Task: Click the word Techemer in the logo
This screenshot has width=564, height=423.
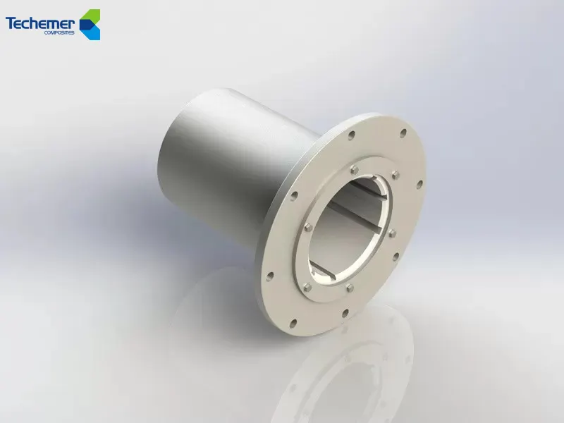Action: pos(39,23)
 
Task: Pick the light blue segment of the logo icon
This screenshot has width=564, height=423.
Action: pos(95,31)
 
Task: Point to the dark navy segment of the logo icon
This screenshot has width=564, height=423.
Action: pos(85,25)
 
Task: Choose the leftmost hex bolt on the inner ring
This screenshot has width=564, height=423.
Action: pos(308,227)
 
